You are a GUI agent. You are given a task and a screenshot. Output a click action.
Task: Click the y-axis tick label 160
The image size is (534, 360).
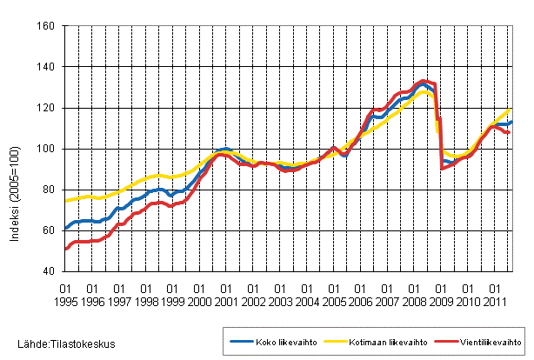click(x=47, y=26)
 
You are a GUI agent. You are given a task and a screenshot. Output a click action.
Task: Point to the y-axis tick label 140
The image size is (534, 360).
click(x=47, y=67)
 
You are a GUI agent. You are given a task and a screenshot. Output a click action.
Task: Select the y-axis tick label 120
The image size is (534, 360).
click(x=47, y=108)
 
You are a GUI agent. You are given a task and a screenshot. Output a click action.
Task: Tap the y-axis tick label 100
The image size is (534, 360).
click(x=47, y=149)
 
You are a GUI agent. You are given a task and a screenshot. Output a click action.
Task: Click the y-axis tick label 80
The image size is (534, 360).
click(x=50, y=190)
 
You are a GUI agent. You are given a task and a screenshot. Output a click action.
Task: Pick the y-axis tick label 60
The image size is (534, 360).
click(x=50, y=230)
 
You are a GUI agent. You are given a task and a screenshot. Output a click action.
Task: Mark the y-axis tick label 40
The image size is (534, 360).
click(x=50, y=271)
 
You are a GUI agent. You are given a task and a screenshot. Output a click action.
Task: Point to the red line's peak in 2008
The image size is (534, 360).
click(x=422, y=81)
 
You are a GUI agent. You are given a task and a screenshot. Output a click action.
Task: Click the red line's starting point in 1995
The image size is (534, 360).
click(x=66, y=250)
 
